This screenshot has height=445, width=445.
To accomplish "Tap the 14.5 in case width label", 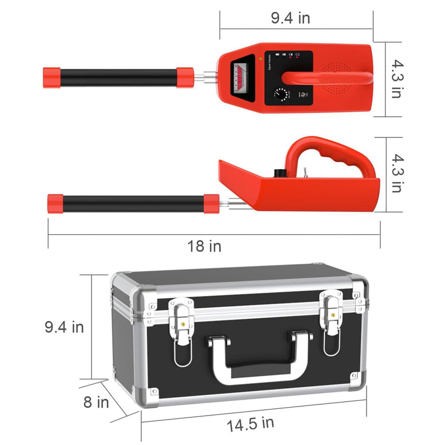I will (250, 424).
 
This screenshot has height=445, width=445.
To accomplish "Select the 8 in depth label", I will (96, 402).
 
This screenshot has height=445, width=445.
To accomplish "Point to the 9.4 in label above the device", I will (290, 18).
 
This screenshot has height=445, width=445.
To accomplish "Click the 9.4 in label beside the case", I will (64, 327).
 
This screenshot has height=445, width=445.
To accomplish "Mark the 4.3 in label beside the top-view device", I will (394, 80).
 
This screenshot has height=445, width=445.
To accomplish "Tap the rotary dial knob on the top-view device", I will (281, 95).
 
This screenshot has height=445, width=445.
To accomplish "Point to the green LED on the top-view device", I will (260, 58).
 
